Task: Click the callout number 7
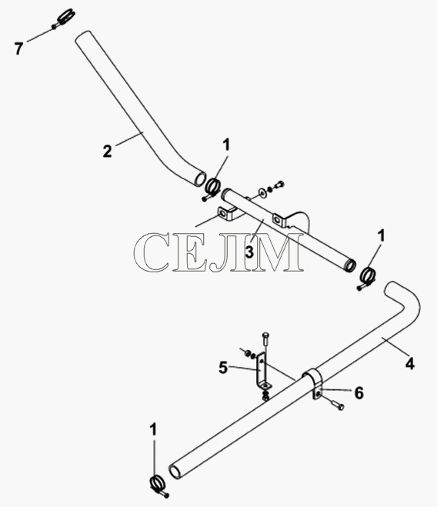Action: click(x=18, y=48)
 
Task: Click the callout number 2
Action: click(x=108, y=152)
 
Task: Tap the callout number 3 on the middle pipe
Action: click(x=249, y=252)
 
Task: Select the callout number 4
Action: click(x=409, y=364)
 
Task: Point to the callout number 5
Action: click(x=223, y=368)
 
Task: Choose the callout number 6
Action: click(x=359, y=393)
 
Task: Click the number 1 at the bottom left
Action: click(x=153, y=430)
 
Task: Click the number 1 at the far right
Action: click(x=382, y=236)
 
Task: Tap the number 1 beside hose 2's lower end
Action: click(x=226, y=145)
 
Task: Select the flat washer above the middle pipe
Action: click(x=261, y=193)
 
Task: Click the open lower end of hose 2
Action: click(x=200, y=178)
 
